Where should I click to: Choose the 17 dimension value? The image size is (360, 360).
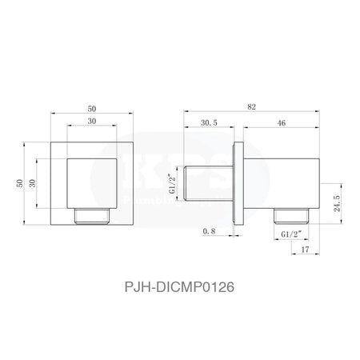306,251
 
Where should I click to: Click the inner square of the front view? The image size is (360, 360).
92,182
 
